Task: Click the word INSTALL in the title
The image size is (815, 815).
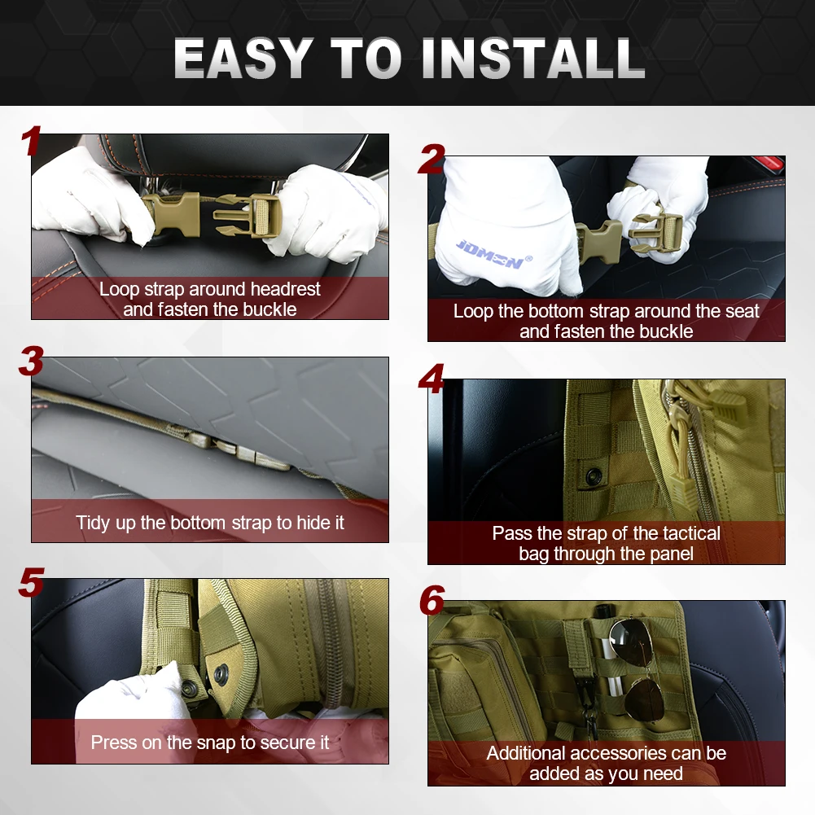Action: pos(533,59)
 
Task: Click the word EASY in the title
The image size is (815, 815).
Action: pos(243,59)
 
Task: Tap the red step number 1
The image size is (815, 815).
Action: pos(31,140)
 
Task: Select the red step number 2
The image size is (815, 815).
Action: pos(432,159)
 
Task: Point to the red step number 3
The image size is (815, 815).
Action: pos(31,361)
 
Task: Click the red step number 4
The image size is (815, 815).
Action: pos(432,379)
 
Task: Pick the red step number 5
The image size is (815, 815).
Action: pos(31,582)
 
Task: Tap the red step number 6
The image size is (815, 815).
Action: pos(432,600)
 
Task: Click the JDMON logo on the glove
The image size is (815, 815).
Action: pos(493,255)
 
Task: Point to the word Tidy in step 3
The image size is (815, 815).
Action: pos(93,523)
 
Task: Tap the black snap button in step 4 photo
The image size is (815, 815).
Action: pos(593,475)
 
